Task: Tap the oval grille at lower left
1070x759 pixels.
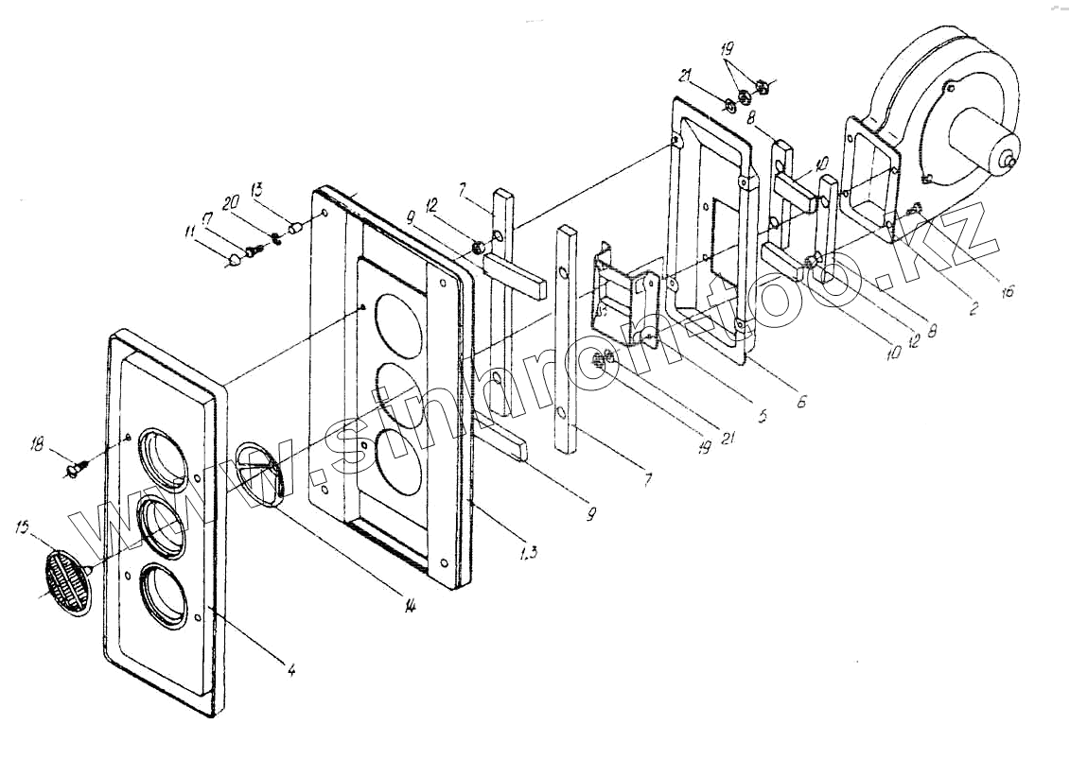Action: pyautogui.click(x=65, y=576)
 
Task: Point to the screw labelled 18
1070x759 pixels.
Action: pyautogui.click(x=76, y=467)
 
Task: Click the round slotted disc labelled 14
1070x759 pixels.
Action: pyautogui.click(x=259, y=473)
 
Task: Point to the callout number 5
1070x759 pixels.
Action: pyautogui.click(x=763, y=413)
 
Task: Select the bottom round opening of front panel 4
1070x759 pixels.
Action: pyautogui.click(x=165, y=595)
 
